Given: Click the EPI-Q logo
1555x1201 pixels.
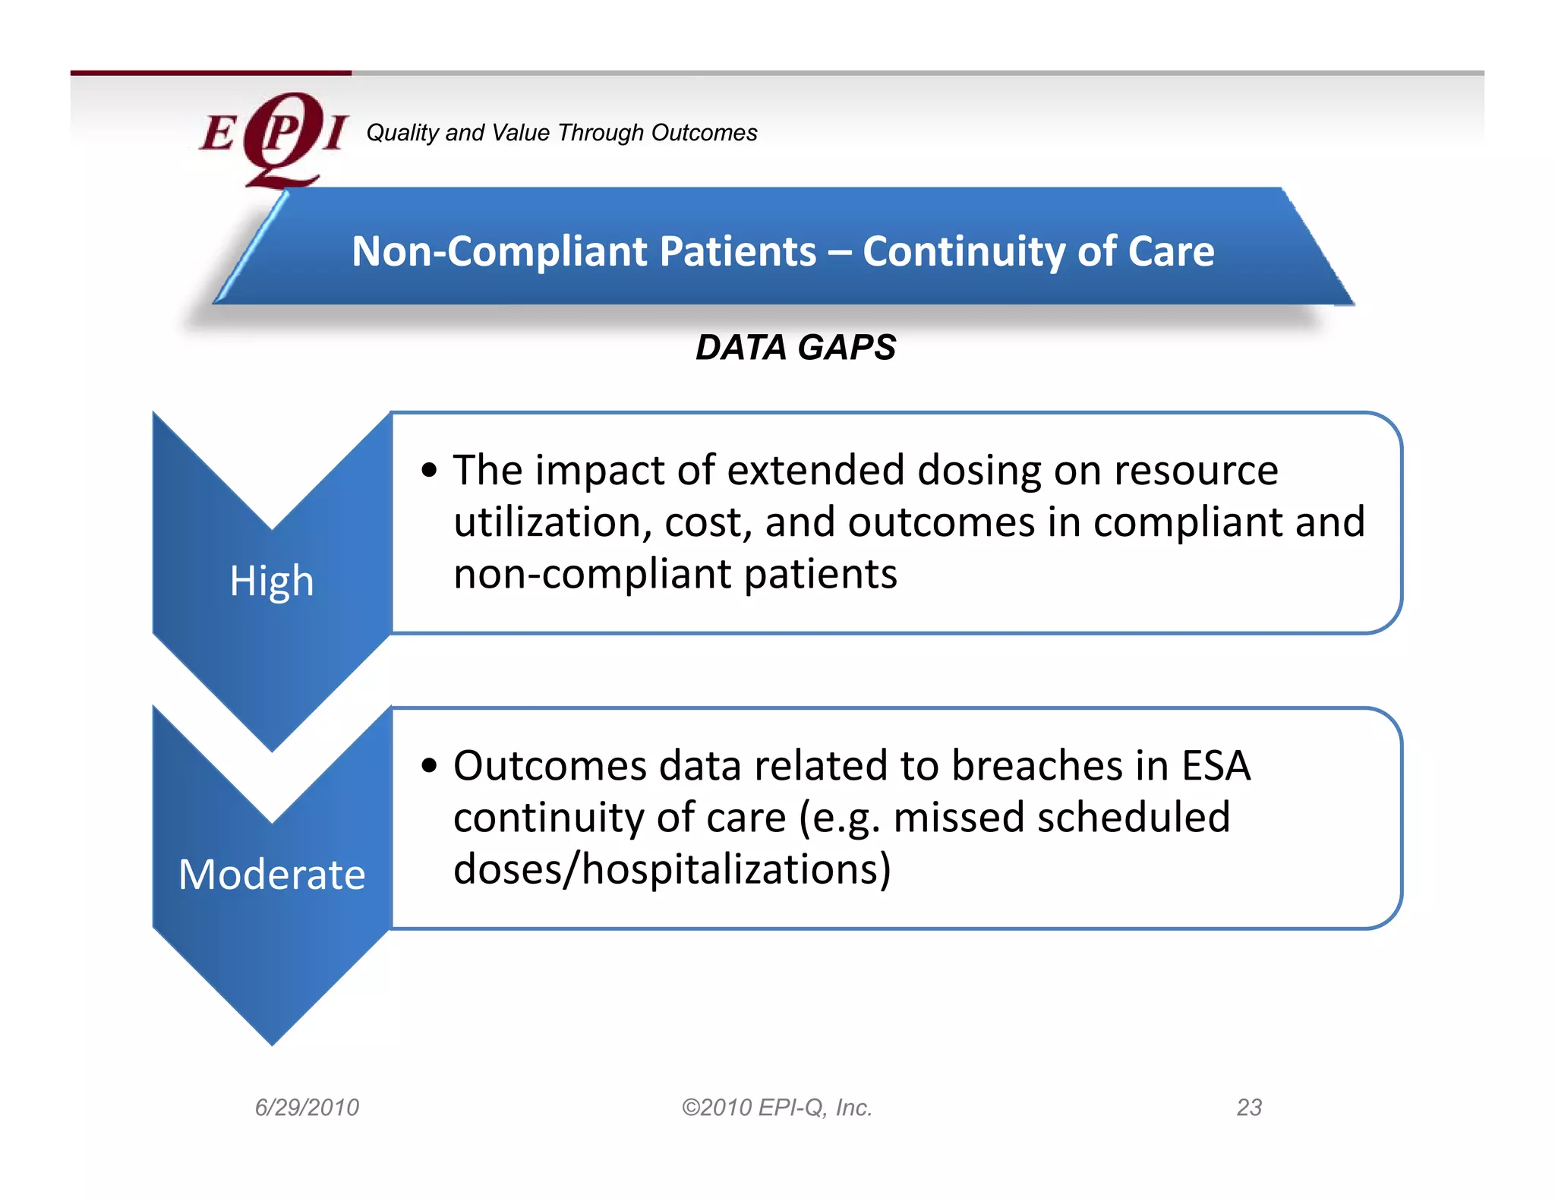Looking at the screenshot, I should (273, 137).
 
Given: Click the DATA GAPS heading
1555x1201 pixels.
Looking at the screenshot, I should (796, 348).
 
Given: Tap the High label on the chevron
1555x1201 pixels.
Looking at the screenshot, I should (272, 582).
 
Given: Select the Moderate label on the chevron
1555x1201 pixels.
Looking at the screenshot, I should (272, 875).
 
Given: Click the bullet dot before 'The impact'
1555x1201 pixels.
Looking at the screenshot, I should (430, 470).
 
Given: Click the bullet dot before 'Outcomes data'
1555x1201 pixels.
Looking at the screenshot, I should (430, 765).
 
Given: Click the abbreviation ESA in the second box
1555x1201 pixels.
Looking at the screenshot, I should (1216, 765).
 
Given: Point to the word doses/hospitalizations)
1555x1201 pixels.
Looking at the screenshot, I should (672, 869).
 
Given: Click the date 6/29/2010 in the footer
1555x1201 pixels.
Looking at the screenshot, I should (307, 1108).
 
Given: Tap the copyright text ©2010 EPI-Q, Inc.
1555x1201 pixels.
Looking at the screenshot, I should (777, 1108).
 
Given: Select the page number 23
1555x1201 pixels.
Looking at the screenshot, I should (1249, 1108).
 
